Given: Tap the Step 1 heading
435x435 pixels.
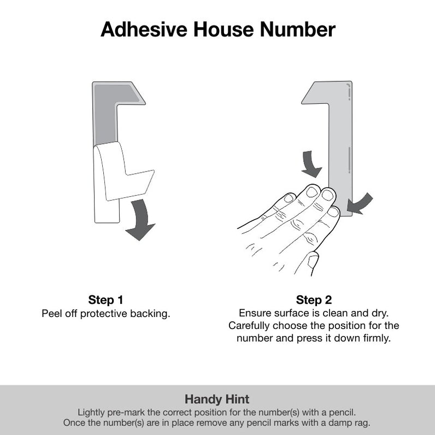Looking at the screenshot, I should pos(105,300).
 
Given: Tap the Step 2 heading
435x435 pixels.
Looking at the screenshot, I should pos(314,300).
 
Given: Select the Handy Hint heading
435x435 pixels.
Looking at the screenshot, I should pos(217,399).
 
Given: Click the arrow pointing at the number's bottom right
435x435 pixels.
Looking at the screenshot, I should pos(360,203).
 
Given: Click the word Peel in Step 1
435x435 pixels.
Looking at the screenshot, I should pos(52,314).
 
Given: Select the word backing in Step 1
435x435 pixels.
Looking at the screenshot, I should pos(152,314).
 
